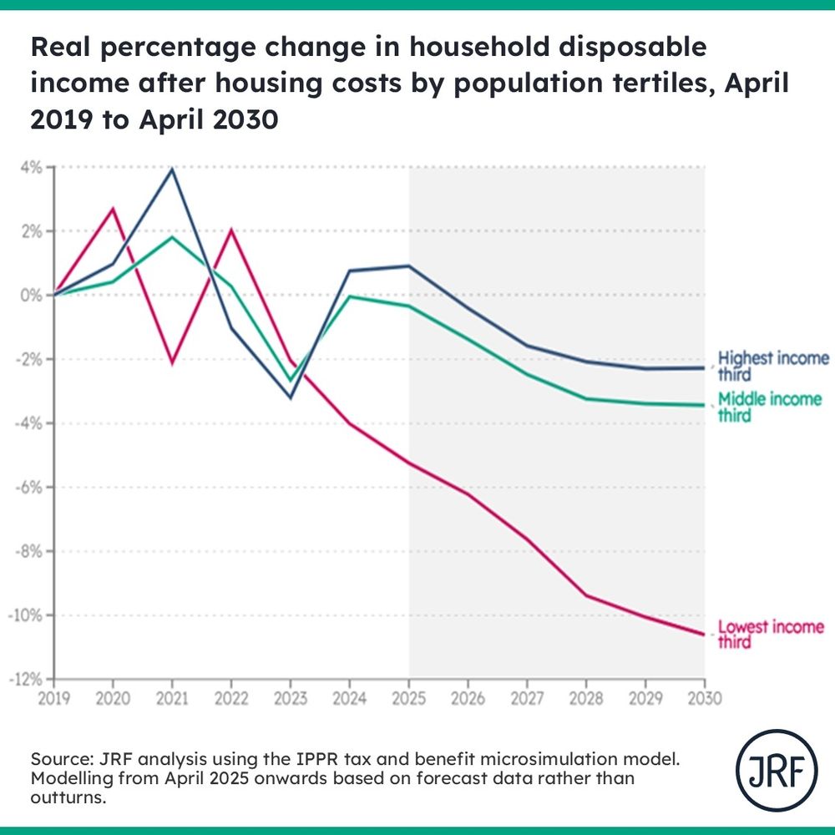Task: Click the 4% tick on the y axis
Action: click(31, 167)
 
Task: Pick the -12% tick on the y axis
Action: click(27, 679)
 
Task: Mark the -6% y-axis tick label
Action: click(29, 487)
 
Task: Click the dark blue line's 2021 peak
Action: click(172, 169)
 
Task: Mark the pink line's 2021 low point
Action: click(172, 363)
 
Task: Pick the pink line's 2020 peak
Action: click(114, 208)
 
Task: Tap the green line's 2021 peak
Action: click(172, 237)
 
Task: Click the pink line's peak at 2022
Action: click(231, 230)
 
